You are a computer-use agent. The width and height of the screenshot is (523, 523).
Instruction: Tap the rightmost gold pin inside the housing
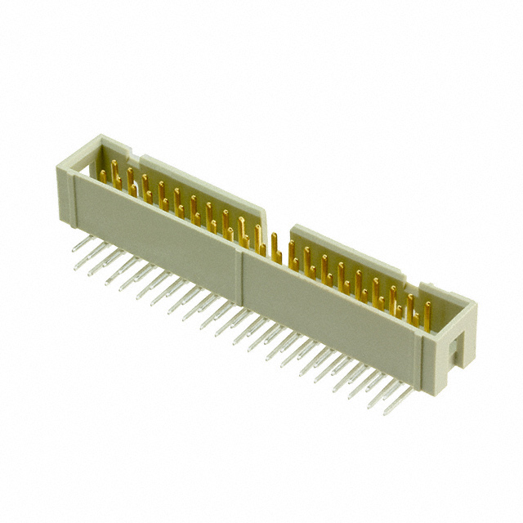[x=427, y=315]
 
